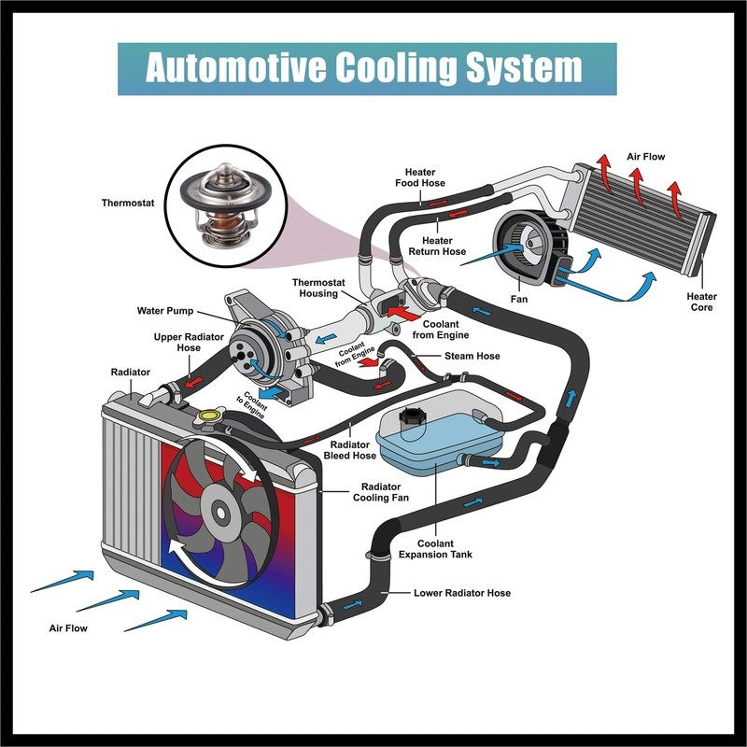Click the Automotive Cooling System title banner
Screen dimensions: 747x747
tap(366, 68)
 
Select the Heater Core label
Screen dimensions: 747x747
tap(701, 302)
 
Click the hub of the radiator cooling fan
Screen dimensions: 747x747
tap(221, 512)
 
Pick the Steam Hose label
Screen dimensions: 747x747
tap(472, 356)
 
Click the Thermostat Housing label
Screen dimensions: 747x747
tap(319, 287)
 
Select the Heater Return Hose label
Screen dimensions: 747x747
tap(437, 246)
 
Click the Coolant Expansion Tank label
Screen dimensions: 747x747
tap(435, 549)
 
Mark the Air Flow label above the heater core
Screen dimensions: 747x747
tap(645, 157)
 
